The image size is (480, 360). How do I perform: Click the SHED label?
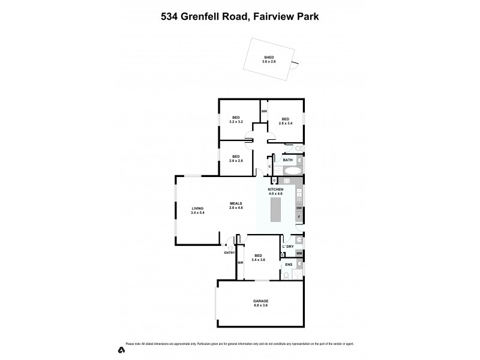click(x=268, y=59)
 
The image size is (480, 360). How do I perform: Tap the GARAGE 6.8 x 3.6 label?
click(x=260, y=303)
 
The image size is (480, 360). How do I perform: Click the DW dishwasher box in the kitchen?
click(x=299, y=208)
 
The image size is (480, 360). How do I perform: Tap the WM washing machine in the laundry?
click(x=298, y=254)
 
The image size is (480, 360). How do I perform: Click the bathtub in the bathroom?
click(x=293, y=171)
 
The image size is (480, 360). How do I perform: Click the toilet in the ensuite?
click(x=287, y=275)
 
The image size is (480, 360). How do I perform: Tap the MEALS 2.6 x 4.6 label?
click(x=236, y=205)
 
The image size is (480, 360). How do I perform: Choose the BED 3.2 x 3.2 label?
click(x=236, y=120)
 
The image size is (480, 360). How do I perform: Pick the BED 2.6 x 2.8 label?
click(x=236, y=158)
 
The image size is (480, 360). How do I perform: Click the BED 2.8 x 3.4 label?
click(x=286, y=120)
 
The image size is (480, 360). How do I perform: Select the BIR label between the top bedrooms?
click(x=263, y=112)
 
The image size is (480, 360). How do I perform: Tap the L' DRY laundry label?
click(x=288, y=247)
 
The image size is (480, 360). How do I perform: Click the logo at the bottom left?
click(x=121, y=350)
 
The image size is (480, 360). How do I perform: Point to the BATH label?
click(x=287, y=160)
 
